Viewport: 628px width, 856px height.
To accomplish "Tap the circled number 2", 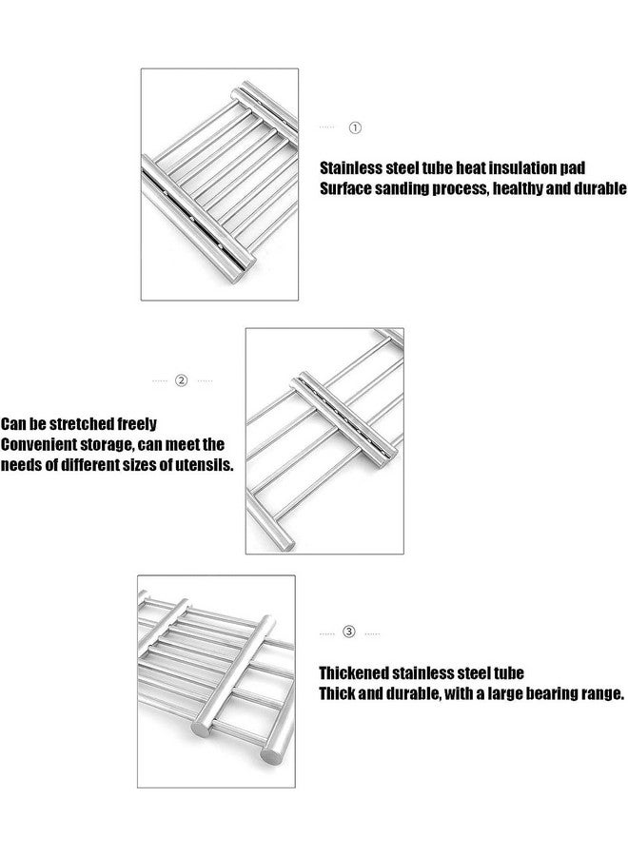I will coord(182,380).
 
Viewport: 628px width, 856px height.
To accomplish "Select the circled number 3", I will coord(349,632).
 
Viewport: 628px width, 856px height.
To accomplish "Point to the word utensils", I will coord(203,466).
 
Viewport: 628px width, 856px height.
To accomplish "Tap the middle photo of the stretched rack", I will coord(324,441).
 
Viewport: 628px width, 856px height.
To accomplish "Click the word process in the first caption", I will coord(467,188).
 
